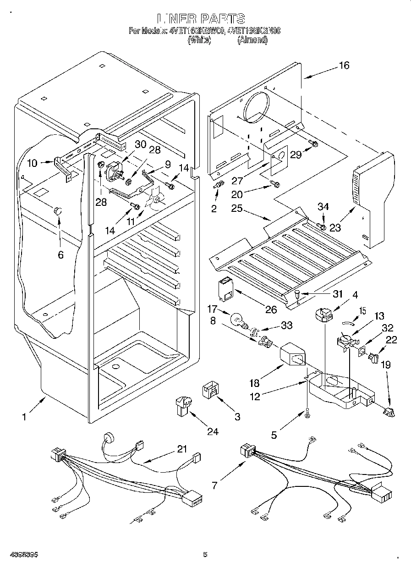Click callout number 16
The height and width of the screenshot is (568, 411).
coord(344,65)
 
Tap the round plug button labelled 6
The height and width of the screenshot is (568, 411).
coord(58,211)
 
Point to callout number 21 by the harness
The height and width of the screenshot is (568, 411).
coord(182,449)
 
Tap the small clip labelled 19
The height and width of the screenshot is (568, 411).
coord(389,412)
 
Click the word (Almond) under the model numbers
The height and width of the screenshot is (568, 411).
coord(252,40)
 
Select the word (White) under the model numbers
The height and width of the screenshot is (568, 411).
coord(199,40)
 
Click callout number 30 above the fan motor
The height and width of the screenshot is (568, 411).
coord(141,143)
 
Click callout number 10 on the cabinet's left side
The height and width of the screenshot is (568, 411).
coord(32,162)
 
